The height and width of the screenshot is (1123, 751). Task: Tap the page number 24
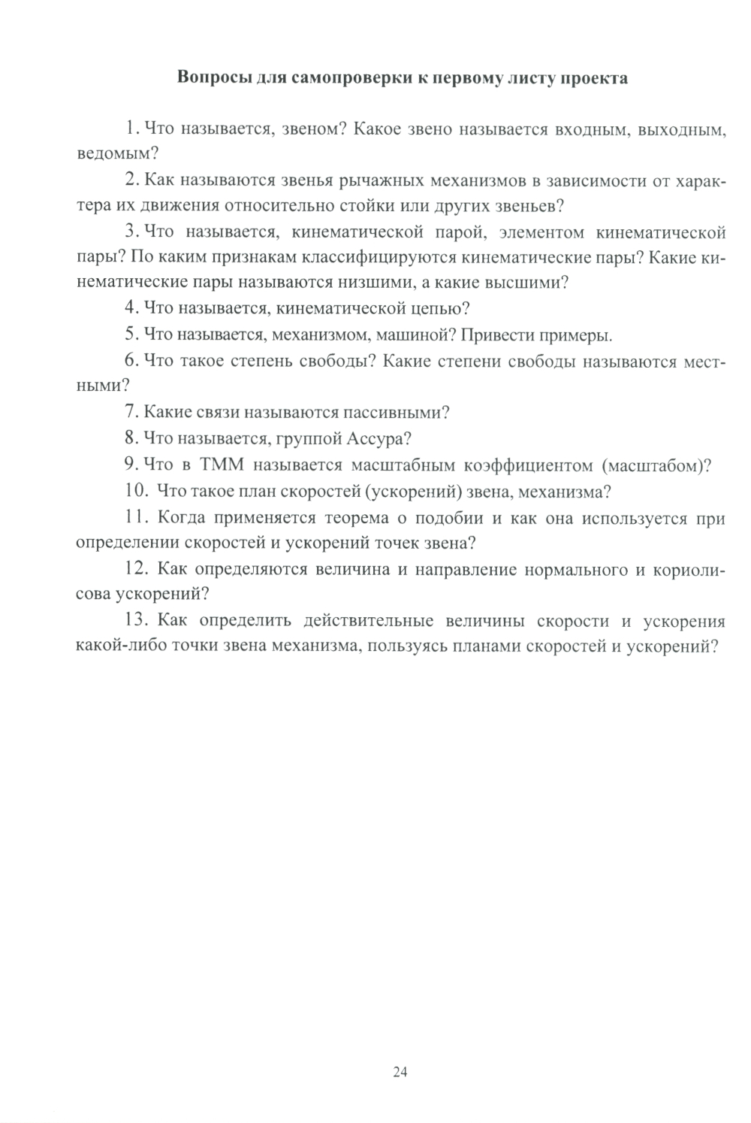click(x=400, y=1072)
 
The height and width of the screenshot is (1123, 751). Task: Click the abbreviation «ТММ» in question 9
click(x=223, y=465)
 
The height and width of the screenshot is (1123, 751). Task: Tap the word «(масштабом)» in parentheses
click(x=656, y=465)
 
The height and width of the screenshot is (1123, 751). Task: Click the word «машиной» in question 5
click(x=415, y=334)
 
